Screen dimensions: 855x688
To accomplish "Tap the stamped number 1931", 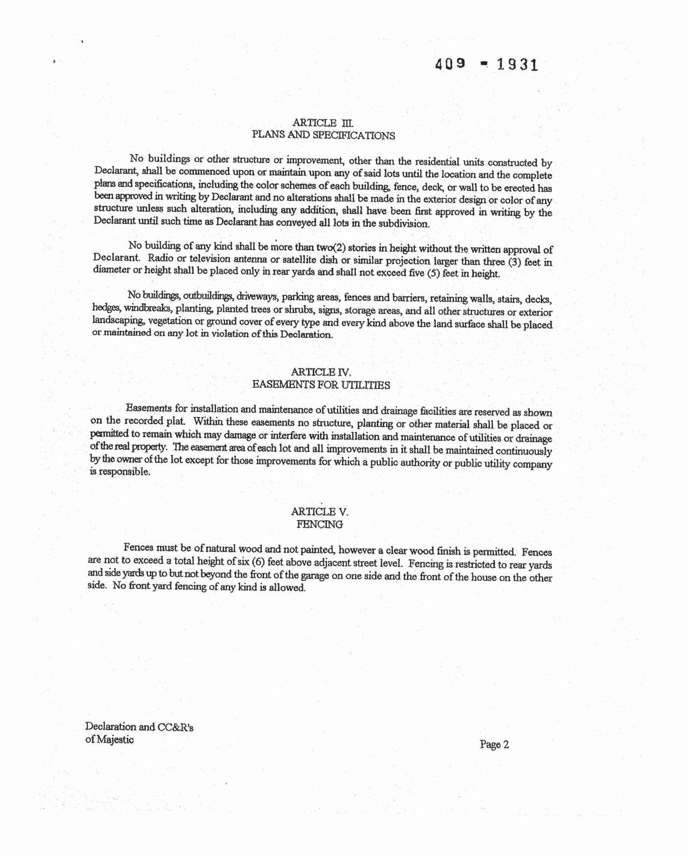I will (517, 65).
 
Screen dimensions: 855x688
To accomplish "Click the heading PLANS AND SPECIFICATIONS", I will (323, 135).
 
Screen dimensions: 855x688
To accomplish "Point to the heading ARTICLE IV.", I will (321, 372).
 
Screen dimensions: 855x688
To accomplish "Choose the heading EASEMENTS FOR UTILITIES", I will (321, 385).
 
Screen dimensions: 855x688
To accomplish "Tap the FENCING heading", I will (319, 524).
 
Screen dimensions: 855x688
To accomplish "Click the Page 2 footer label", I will (494, 745).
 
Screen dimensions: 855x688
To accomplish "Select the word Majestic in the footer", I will (115, 739).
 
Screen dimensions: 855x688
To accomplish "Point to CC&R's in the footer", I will (175, 727).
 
